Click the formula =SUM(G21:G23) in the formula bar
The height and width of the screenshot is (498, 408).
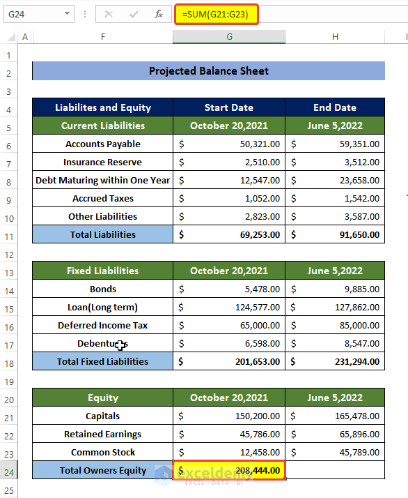pyautogui.click(x=217, y=14)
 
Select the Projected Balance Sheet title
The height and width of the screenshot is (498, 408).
pyautogui.click(x=208, y=71)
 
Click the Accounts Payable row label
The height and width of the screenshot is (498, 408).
pyautogui.click(x=103, y=144)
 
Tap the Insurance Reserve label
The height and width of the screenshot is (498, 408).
pyautogui.click(x=103, y=162)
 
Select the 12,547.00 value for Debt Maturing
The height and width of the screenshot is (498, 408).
pyautogui.click(x=229, y=180)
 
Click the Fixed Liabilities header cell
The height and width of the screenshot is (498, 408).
pyautogui.click(x=103, y=271)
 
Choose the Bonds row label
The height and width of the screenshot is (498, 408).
pyautogui.click(x=103, y=289)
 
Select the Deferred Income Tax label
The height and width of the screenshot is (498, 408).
pyautogui.click(x=103, y=325)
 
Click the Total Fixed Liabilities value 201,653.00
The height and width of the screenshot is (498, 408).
pyautogui.click(x=229, y=361)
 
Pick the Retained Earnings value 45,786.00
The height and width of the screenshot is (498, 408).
pyautogui.click(x=229, y=434)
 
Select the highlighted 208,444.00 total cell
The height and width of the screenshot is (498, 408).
pyautogui.click(x=229, y=471)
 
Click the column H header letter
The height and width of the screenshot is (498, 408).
pyautogui.click(x=335, y=37)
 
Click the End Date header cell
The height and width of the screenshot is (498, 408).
pyautogui.click(x=334, y=107)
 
